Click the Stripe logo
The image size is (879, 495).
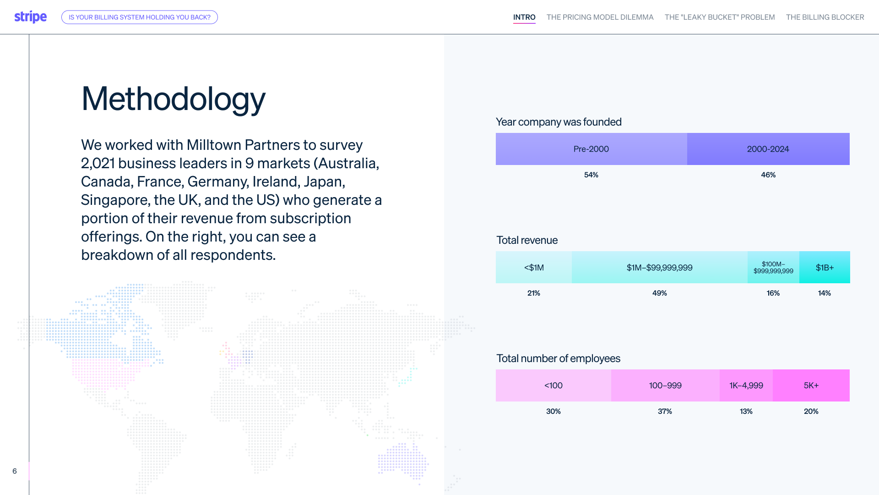click(x=30, y=17)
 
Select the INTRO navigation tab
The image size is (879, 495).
click(x=524, y=17)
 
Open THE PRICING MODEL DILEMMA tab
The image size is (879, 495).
click(x=600, y=17)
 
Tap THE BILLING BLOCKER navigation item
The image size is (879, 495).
click(x=825, y=17)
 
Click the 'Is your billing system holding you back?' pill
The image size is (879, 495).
click(x=140, y=17)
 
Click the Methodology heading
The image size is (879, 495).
click(x=173, y=99)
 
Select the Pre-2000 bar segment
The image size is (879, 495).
click(x=591, y=149)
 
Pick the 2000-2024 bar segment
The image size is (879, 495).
click(x=768, y=149)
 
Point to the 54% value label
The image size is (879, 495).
click(x=591, y=175)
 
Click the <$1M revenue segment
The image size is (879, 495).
click(x=534, y=267)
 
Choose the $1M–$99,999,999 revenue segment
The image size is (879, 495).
click(x=660, y=267)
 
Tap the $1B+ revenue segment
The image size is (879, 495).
click(x=825, y=267)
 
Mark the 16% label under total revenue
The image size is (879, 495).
click(x=773, y=293)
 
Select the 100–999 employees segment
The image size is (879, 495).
click(x=665, y=385)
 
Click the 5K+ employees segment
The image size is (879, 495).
click(x=811, y=385)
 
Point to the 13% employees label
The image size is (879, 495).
click(x=746, y=411)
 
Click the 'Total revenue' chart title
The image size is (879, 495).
click(x=527, y=240)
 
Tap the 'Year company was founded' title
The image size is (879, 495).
click(x=559, y=122)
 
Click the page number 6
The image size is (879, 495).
click(x=15, y=471)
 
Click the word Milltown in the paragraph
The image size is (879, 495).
click(x=214, y=145)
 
